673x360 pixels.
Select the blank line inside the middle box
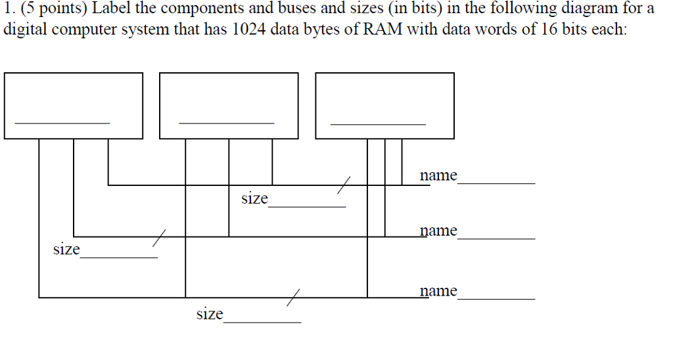(226, 123)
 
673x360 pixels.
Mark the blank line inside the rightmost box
(378, 123)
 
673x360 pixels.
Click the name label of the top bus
(438, 175)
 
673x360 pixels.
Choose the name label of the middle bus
(438, 231)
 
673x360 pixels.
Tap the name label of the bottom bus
(438, 290)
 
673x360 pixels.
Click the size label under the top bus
(254, 198)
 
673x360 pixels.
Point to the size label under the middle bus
(66, 250)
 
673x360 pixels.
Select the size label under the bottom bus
(210, 314)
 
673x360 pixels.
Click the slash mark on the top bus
(345, 185)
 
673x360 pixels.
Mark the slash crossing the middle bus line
(158, 236)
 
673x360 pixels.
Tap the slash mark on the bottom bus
(293, 298)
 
